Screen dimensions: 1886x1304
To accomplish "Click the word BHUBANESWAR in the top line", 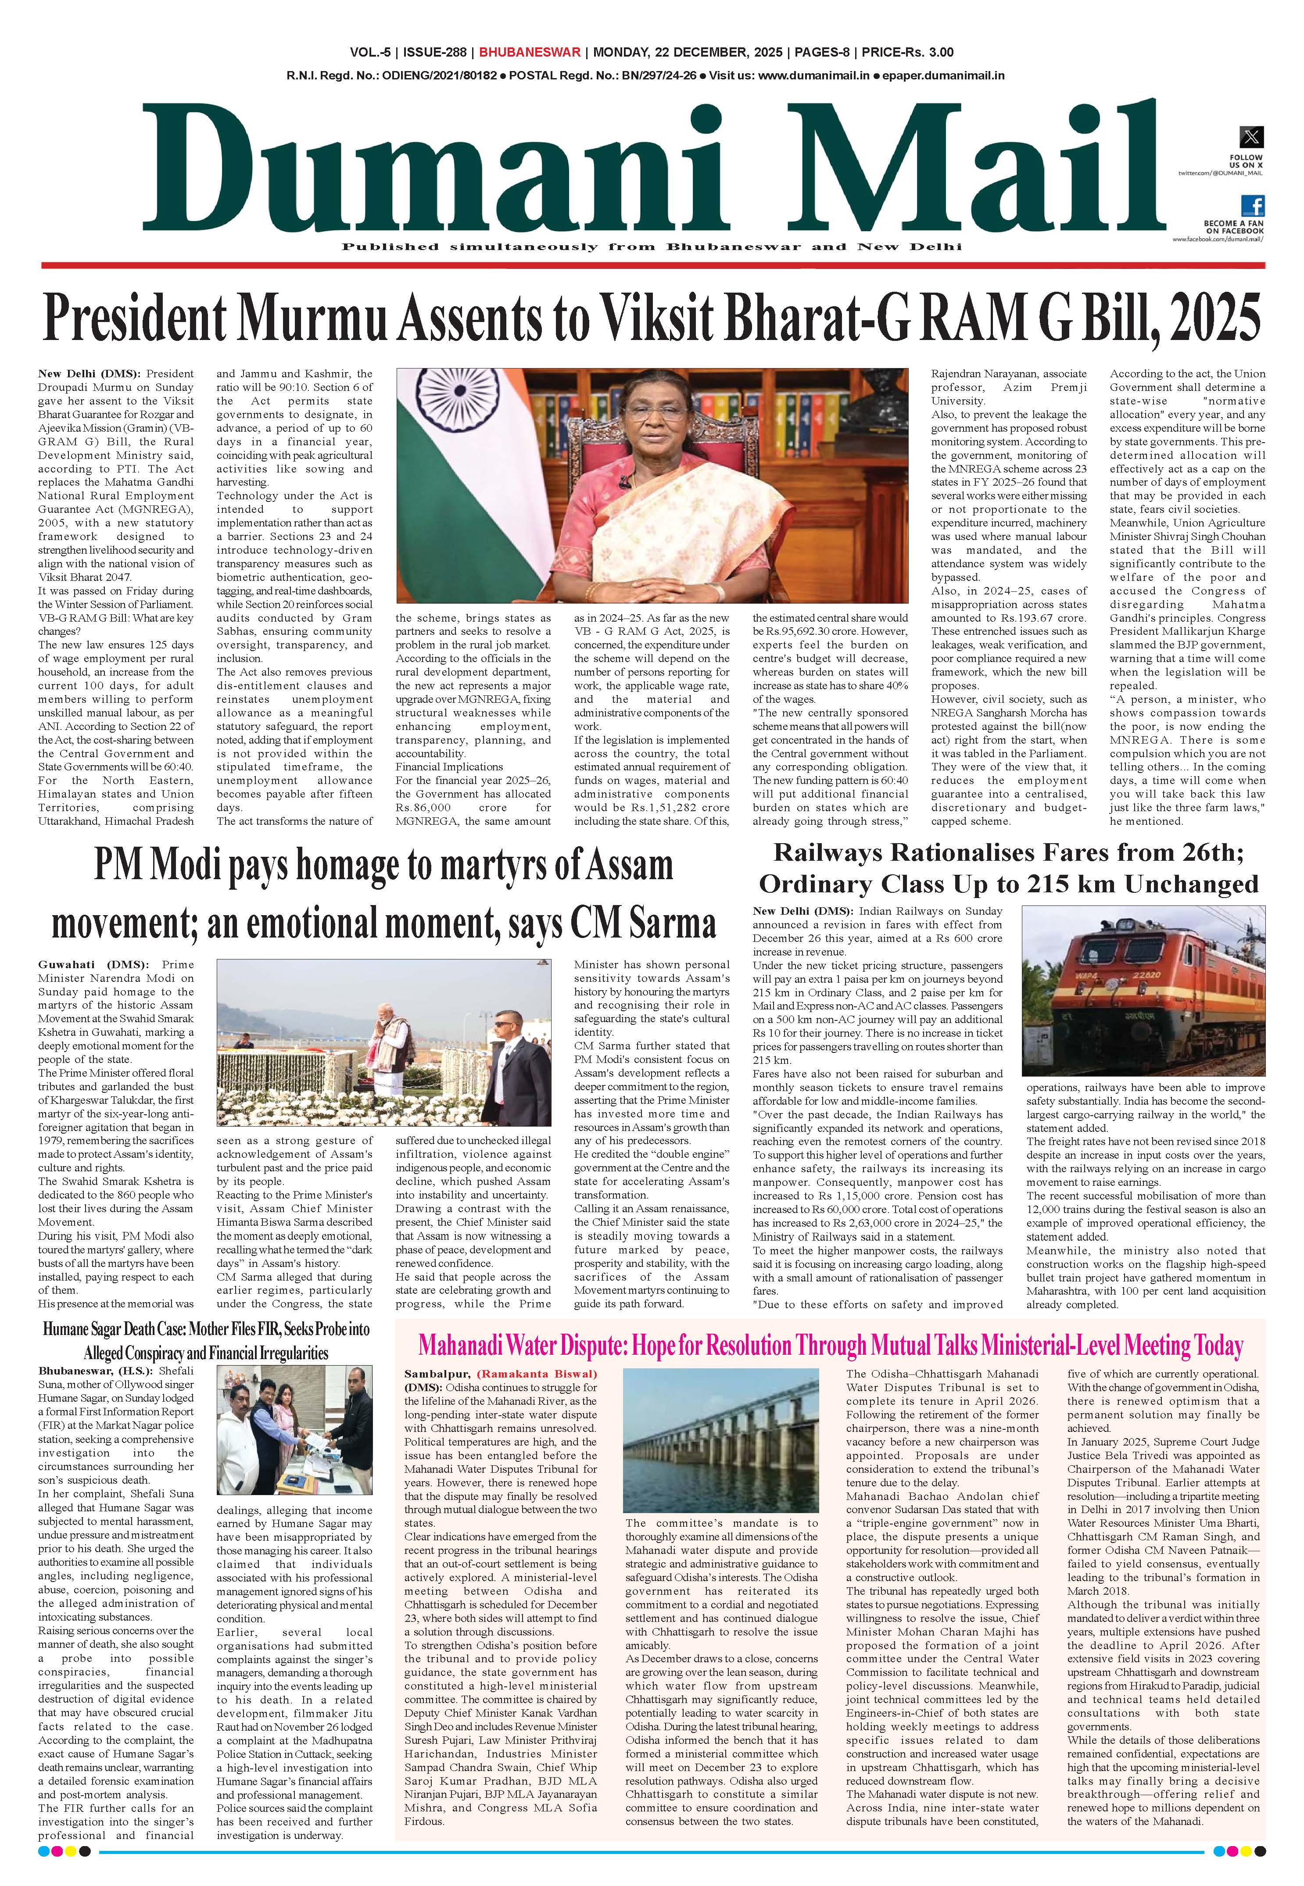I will click(x=530, y=52).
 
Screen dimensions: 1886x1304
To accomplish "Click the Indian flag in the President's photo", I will click(x=442, y=474).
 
